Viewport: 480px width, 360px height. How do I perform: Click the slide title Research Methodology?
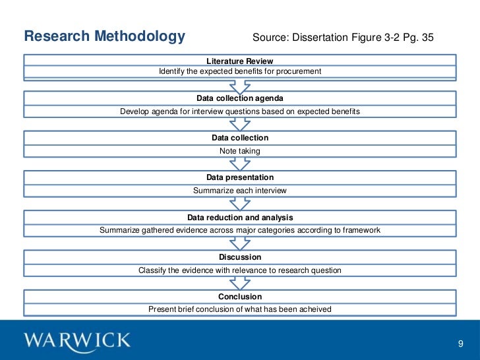pyautogui.click(x=104, y=36)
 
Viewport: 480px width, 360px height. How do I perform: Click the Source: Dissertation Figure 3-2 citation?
pyautogui.click(x=344, y=37)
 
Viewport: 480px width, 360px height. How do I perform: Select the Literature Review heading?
pyautogui.click(x=239, y=61)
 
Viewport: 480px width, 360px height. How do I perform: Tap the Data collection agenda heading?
pyautogui.click(x=239, y=98)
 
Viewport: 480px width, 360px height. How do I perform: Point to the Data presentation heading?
pyautogui.click(x=239, y=177)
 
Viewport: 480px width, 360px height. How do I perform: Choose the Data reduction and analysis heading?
pyautogui.click(x=239, y=217)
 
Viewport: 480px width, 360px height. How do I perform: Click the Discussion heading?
pyautogui.click(x=239, y=256)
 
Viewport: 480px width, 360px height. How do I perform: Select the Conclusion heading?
pyautogui.click(x=239, y=296)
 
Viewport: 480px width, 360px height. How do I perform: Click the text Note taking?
pyautogui.click(x=239, y=151)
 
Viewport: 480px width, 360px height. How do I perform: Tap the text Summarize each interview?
pyautogui.click(x=239, y=191)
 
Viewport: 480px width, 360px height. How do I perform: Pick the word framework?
pyautogui.click(x=360, y=230)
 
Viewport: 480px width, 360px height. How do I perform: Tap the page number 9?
pyautogui.click(x=461, y=344)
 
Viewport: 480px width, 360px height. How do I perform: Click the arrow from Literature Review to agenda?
pyautogui.click(x=239, y=86)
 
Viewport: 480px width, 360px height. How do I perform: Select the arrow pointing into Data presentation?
pyautogui.click(x=239, y=165)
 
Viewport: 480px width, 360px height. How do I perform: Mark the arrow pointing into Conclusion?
pyautogui.click(x=239, y=284)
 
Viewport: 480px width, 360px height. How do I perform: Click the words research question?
pyautogui.click(x=310, y=270)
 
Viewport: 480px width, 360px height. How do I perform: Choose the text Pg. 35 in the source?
pyautogui.click(x=419, y=37)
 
